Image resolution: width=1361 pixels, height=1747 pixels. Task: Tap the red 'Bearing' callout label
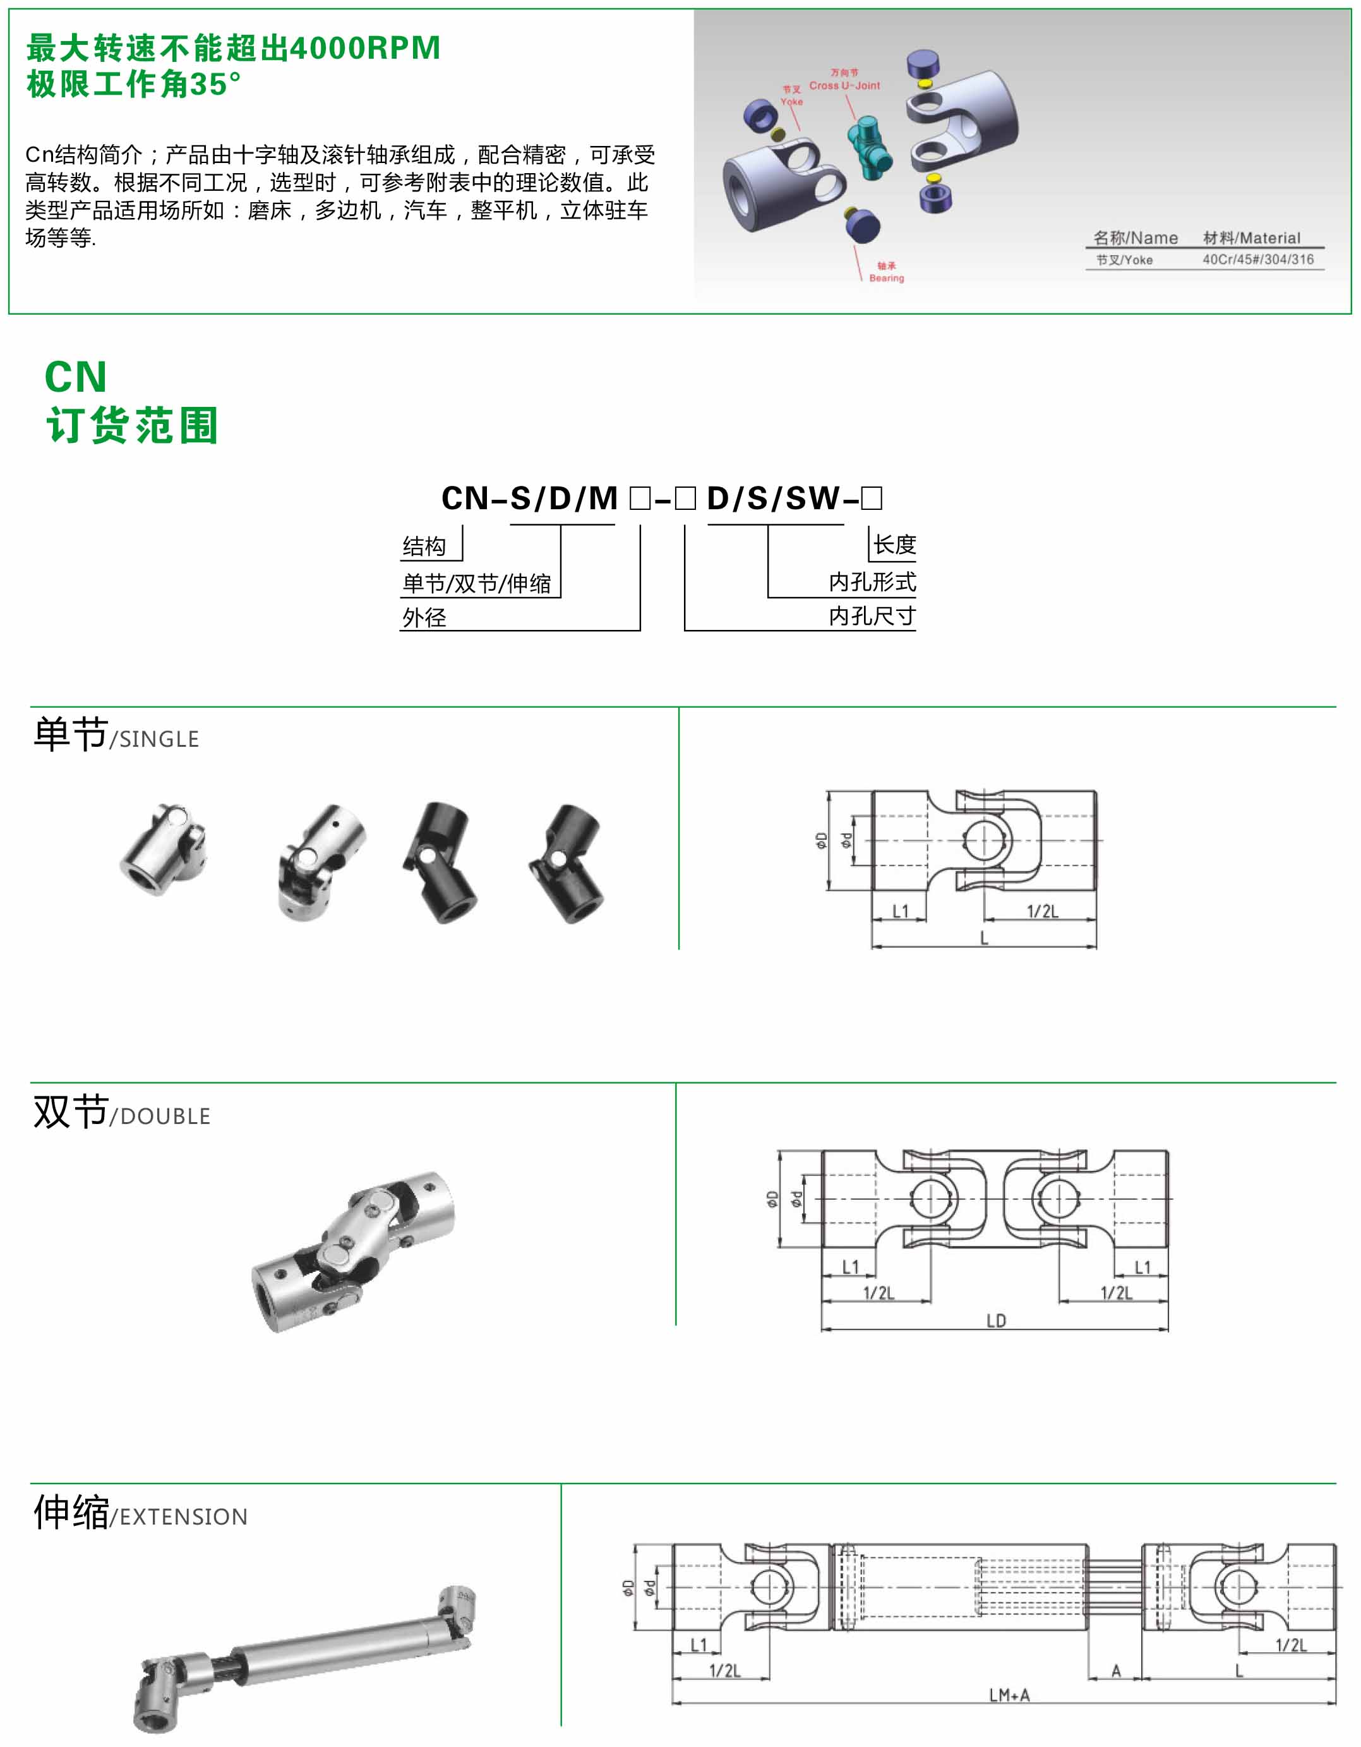coord(886,279)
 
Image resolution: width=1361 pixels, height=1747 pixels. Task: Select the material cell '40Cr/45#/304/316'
coord(1258,259)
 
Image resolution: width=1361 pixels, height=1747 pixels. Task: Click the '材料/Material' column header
coord(1252,238)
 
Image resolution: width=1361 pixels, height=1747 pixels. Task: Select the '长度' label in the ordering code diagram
coord(894,545)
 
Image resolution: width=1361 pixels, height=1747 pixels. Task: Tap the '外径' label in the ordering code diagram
coord(424,617)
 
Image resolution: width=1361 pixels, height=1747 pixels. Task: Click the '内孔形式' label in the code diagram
coord(872,581)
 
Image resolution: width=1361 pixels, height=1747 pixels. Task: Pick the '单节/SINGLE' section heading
coord(116,734)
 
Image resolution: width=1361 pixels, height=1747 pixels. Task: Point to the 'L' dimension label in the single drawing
coord(985,938)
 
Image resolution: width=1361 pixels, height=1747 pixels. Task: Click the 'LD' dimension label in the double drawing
coord(995,1321)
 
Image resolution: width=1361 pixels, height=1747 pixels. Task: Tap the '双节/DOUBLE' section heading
coord(121,1112)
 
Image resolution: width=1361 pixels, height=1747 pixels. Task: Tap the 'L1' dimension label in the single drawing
coord(901,911)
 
